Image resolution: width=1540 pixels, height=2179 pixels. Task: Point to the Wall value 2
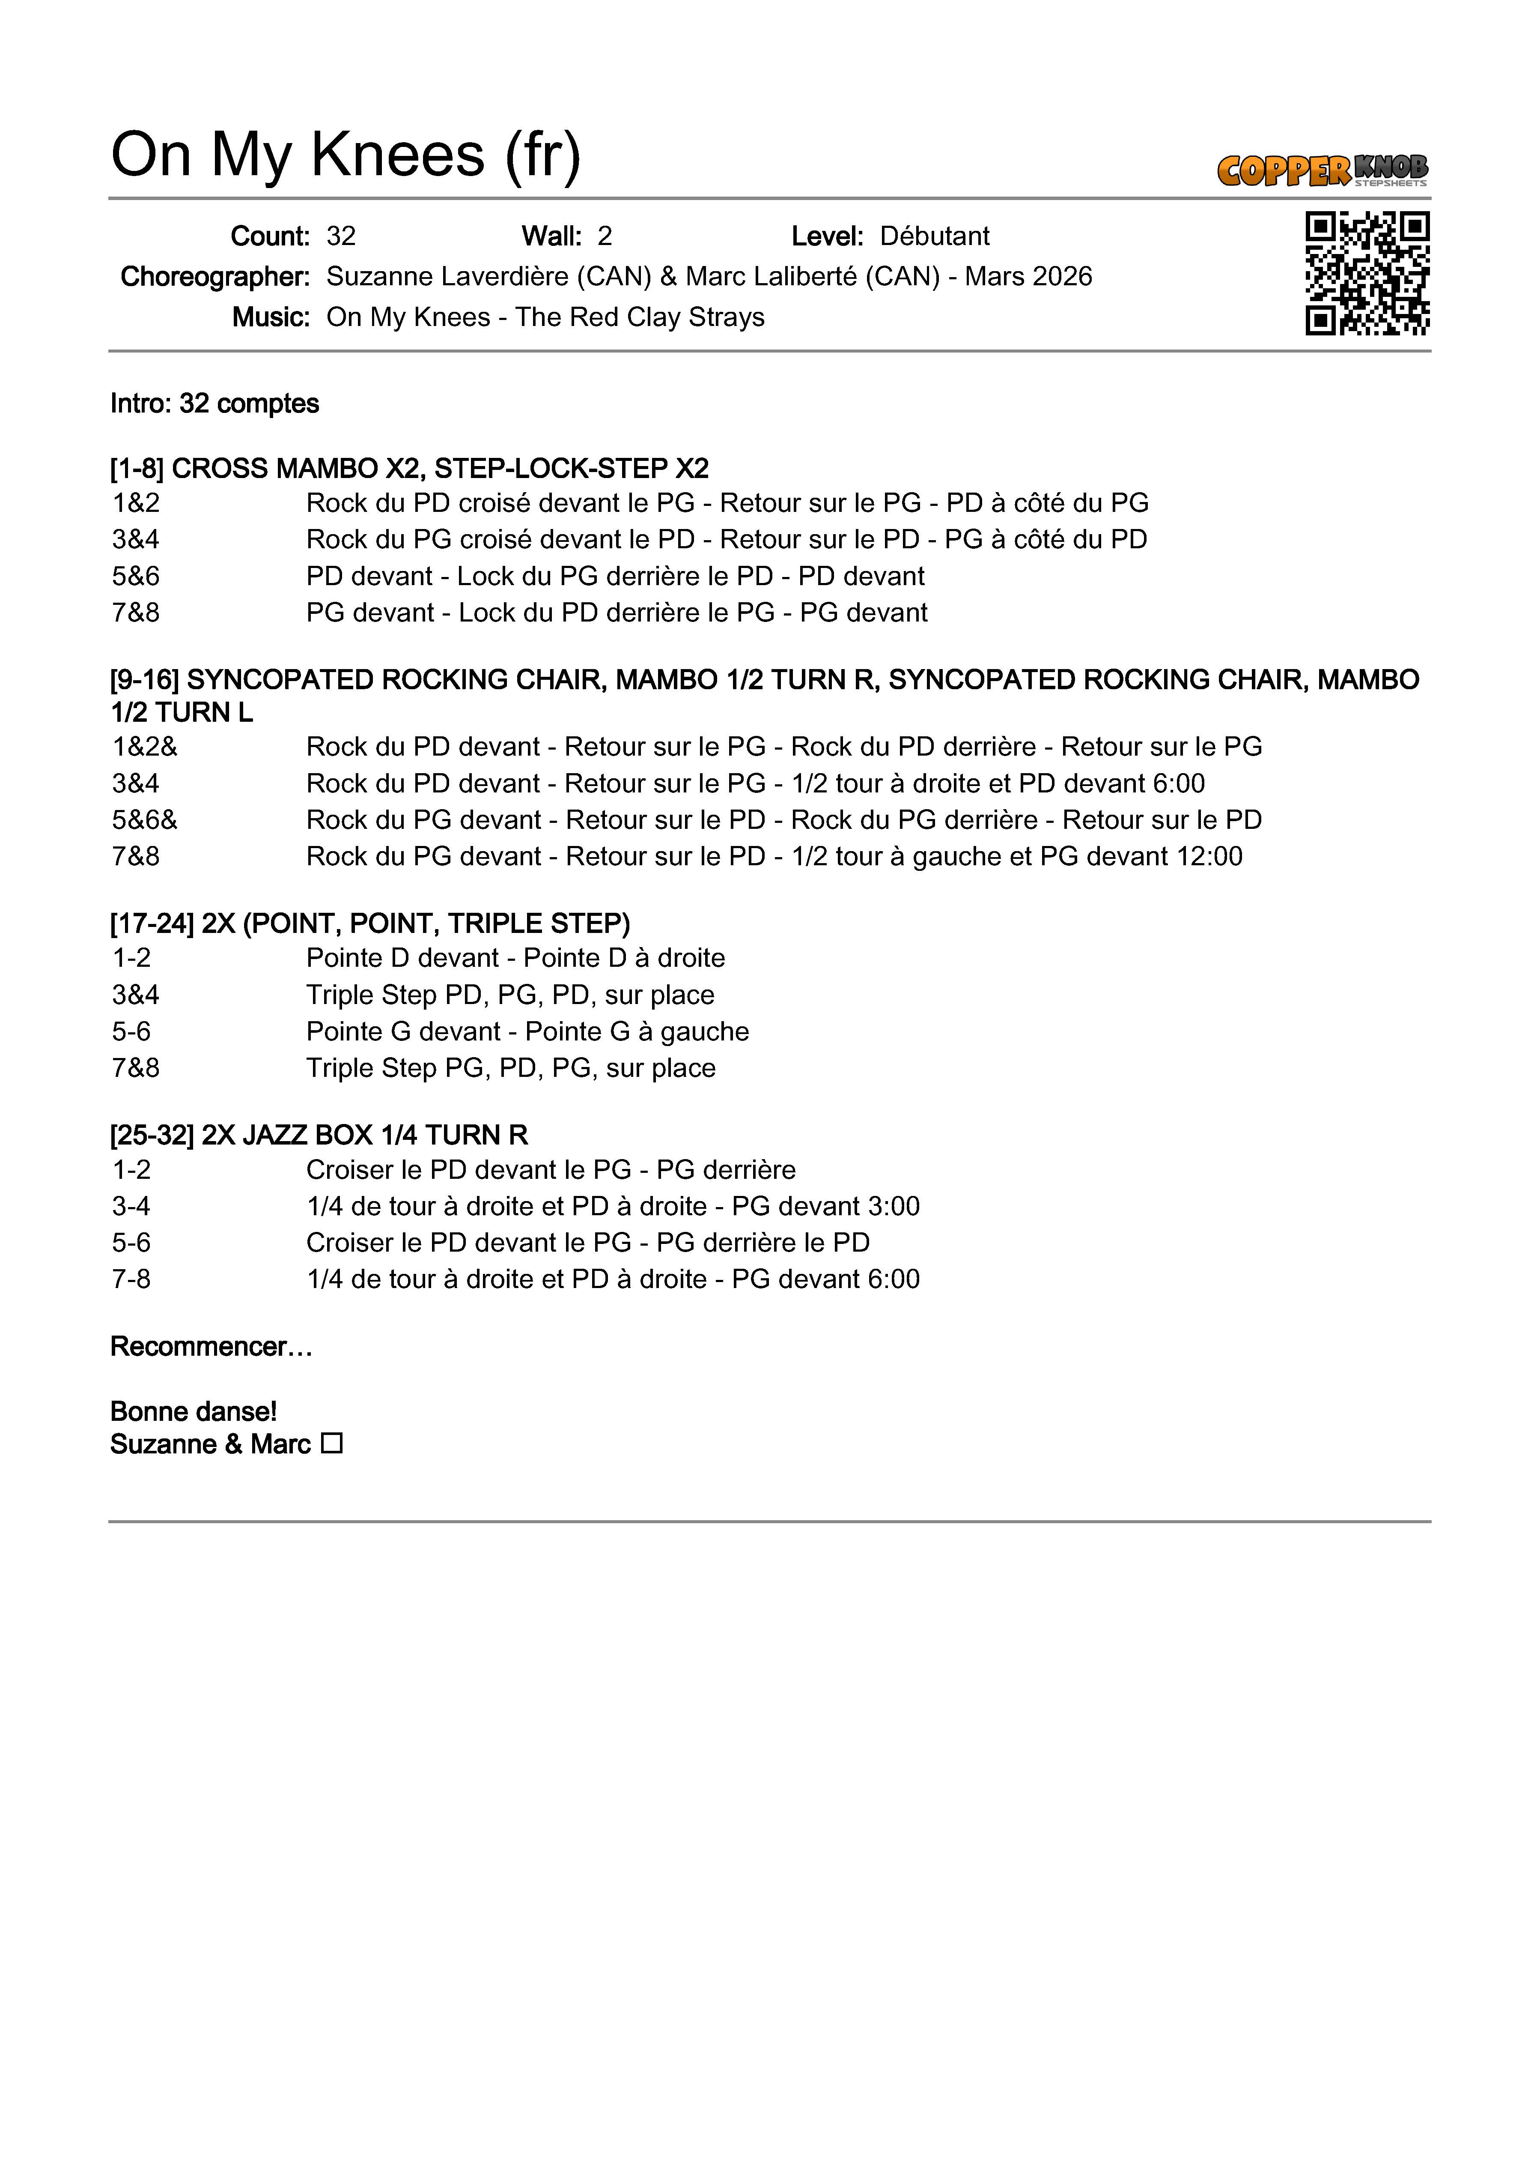coord(605,236)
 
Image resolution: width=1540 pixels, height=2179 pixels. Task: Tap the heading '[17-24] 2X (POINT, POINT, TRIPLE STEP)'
coord(370,924)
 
